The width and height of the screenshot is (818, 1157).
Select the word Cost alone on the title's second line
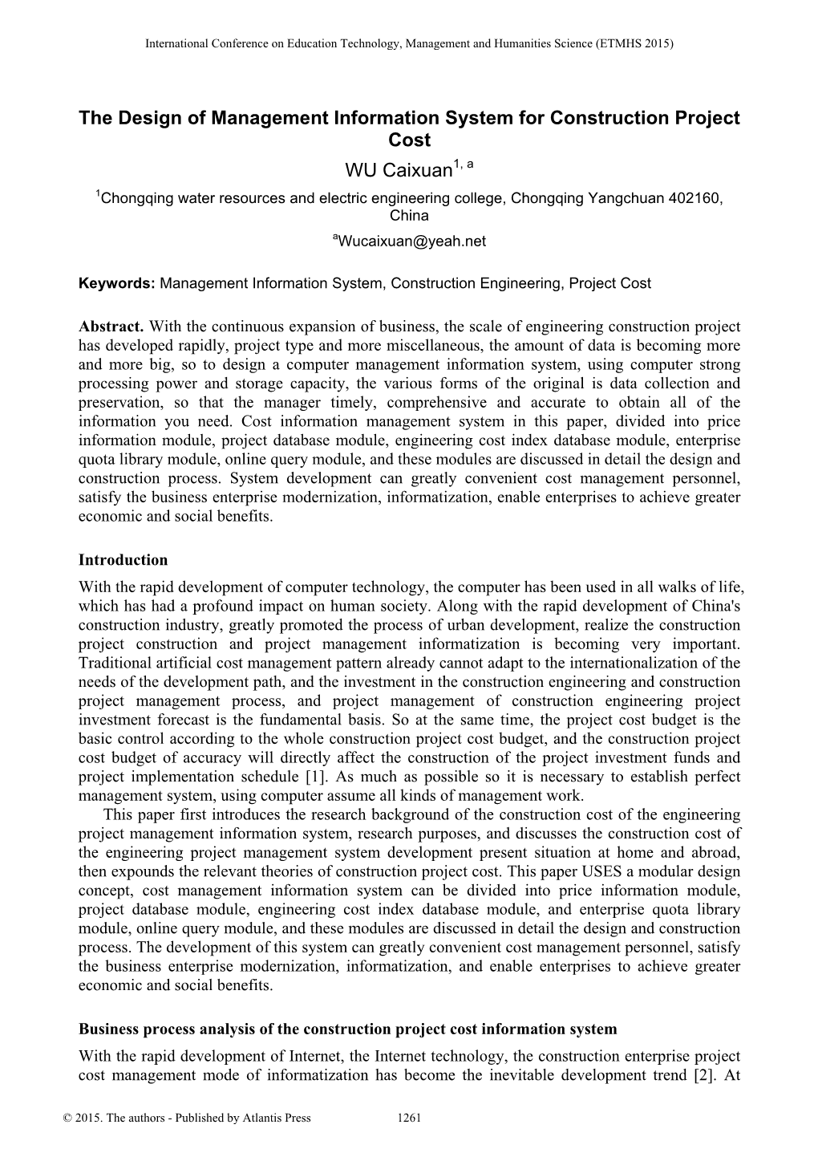tap(409, 140)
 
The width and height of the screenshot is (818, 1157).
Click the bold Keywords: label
tap(118, 283)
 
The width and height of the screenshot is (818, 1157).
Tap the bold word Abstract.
tap(111, 327)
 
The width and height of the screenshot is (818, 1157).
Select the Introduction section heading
tap(123, 560)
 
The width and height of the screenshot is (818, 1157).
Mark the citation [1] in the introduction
tap(314, 777)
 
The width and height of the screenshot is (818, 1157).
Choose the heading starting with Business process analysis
tap(348, 1029)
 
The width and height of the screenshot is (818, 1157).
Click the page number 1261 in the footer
tap(410, 1118)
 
